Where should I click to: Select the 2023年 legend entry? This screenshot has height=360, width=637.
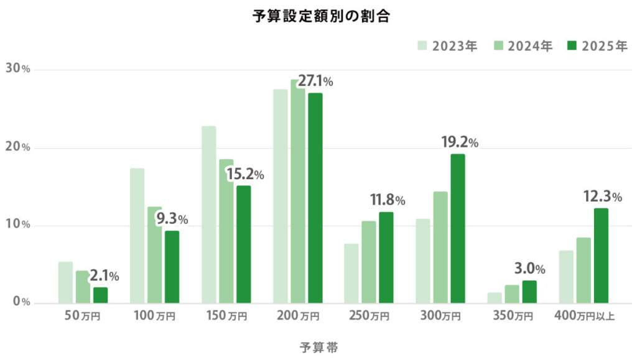click(x=447, y=46)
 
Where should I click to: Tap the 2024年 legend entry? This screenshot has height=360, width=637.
click(x=523, y=46)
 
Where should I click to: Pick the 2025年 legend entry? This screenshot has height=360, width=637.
click(x=597, y=46)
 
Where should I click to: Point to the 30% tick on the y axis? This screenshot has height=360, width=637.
click(x=18, y=69)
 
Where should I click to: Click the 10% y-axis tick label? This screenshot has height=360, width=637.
click(x=18, y=225)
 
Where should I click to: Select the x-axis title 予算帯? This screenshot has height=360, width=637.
click(x=318, y=347)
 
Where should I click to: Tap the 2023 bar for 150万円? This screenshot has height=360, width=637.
click(x=208, y=215)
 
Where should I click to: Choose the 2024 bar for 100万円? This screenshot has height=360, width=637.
click(x=154, y=255)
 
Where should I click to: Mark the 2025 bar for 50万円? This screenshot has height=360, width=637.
click(x=100, y=295)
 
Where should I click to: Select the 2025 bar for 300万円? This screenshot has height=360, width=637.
click(x=457, y=228)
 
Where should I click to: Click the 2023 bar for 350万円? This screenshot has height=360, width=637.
click(x=495, y=298)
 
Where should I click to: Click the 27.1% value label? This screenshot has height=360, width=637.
click(x=315, y=81)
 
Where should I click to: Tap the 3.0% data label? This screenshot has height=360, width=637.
click(x=529, y=269)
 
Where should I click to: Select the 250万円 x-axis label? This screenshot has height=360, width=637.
click(x=368, y=316)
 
